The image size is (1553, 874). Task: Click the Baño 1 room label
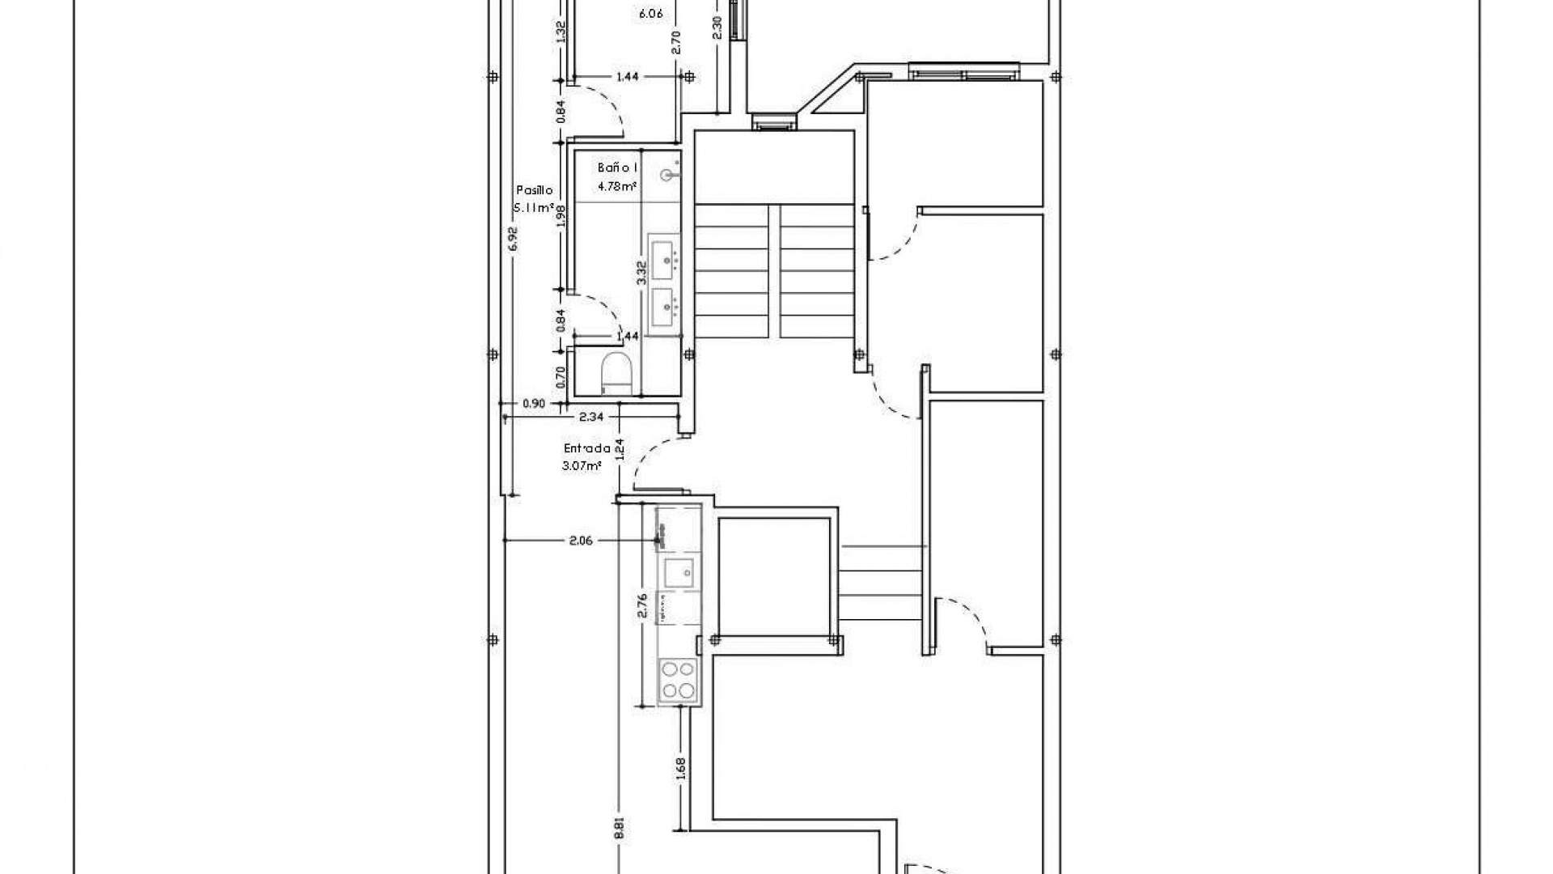[618, 168]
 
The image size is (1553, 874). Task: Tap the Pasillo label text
[535, 190]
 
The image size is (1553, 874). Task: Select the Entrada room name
[586, 448]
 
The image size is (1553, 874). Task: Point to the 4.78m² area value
[616, 186]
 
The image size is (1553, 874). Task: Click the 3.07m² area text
[582, 466]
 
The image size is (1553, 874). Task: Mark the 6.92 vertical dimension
[513, 239]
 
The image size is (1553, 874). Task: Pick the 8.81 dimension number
[619, 827]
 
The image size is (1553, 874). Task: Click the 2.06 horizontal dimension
[581, 541]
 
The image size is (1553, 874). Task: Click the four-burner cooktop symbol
[678, 680]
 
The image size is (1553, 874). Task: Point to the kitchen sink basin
[678, 573]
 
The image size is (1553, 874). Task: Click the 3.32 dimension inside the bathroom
[641, 272]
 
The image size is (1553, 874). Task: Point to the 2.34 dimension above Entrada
[591, 418]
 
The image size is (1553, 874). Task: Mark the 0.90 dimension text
[534, 403]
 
